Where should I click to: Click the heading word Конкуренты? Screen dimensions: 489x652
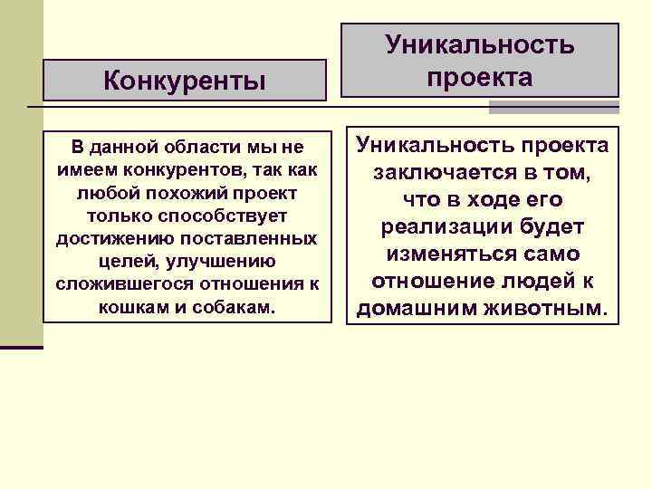tap(185, 81)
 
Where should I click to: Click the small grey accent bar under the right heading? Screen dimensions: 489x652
tap(553, 107)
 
